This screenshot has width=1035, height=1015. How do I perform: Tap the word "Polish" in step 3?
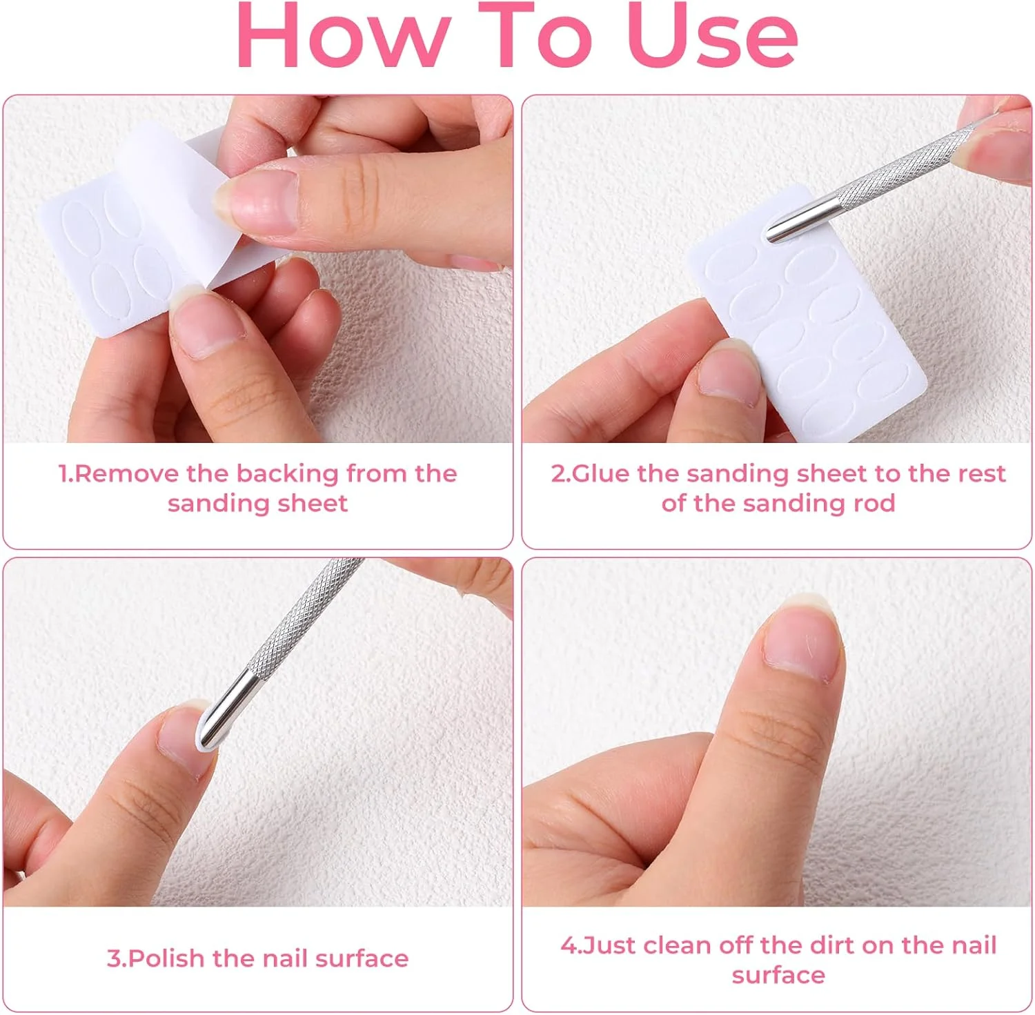[166, 958]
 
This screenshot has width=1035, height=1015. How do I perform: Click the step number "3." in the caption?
[117, 958]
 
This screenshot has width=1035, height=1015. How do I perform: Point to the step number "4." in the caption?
[571, 945]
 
